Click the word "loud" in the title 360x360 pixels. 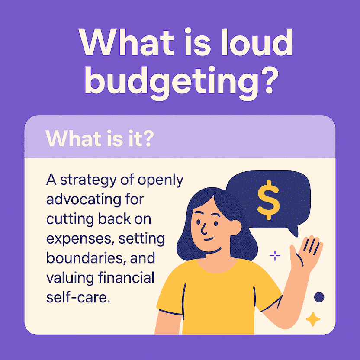pyautogui.click(x=257, y=42)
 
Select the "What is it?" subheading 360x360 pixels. pyautogui.click(x=99, y=138)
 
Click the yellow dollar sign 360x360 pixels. pyautogui.click(x=268, y=200)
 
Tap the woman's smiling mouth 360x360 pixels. pyautogui.click(x=209, y=239)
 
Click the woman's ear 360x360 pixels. pyautogui.click(x=235, y=227)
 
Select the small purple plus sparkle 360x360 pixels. pyautogui.click(x=275, y=255)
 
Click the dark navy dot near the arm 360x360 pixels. pyautogui.click(x=319, y=297)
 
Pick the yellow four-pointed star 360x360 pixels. pyautogui.click(x=313, y=319)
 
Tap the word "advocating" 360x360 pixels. pyautogui.click(x=84, y=199)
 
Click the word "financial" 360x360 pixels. pyautogui.click(x=126, y=277)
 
